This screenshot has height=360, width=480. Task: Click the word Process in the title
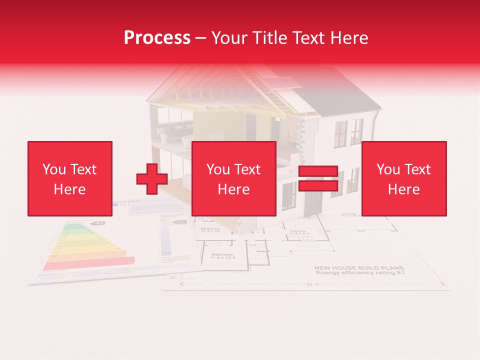157,37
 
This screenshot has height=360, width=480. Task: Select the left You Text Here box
70,179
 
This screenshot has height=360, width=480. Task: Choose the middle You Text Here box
234,179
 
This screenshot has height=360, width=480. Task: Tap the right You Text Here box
404,179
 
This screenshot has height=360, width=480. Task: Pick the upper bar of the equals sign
318,171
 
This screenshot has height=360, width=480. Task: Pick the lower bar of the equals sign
318,186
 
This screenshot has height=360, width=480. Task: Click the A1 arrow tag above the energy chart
99,223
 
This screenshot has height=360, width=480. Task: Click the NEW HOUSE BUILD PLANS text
359,268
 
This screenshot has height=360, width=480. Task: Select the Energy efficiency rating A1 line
359,273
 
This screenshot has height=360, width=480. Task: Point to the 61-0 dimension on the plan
313,285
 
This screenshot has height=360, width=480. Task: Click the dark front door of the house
313,202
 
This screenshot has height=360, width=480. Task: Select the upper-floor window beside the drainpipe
356,131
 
